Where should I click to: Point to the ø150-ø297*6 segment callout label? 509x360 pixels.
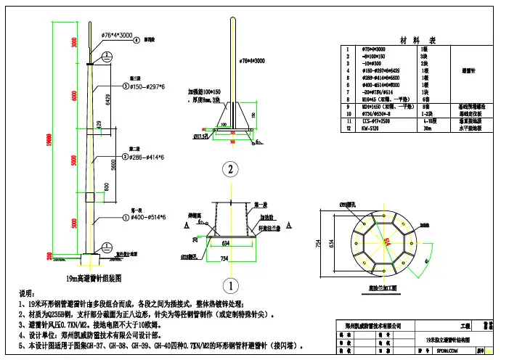coord(148,86)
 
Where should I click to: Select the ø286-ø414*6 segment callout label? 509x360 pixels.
coord(148,157)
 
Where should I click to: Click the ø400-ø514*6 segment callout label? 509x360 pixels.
coord(148,217)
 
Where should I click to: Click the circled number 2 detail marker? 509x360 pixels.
coord(230,170)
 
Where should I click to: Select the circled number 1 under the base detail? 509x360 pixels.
coord(230,284)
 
